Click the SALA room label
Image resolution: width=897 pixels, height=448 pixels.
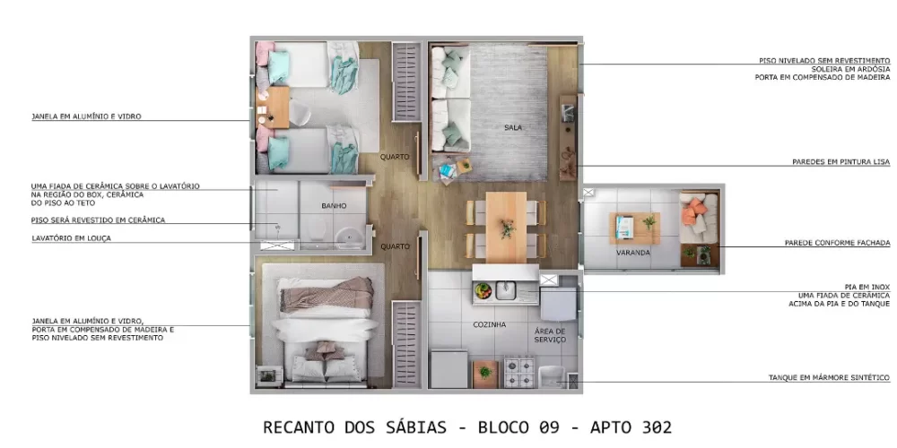513,127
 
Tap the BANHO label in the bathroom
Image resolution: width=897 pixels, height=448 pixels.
334,206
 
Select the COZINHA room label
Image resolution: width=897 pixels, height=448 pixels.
489,324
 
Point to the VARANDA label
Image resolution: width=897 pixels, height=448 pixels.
633,253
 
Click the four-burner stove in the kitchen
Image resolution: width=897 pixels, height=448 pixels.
519,369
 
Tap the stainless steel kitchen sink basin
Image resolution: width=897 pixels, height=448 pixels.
508,290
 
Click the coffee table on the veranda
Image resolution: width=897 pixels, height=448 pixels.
635,228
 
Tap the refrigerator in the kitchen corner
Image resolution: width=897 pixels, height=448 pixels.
448,368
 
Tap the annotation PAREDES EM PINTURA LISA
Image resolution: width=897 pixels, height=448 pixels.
840,162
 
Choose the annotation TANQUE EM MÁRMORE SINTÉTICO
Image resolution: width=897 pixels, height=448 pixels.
829,377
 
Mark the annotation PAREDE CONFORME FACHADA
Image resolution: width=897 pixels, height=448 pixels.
837,243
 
